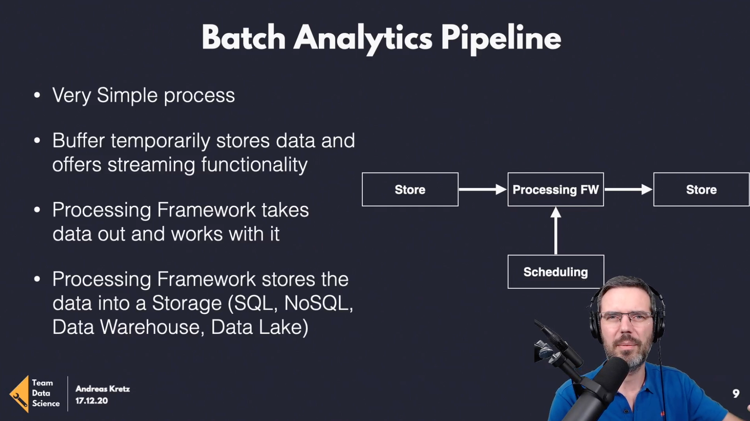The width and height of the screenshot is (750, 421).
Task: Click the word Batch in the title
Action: pyautogui.click(x=243, y=38)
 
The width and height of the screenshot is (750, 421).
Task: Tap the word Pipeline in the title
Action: pyautogui.click(x=501, y=39)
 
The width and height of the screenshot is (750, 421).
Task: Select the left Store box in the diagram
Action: pyautogui.click(x=410, y=190)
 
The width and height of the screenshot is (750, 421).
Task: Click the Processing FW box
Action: pyautogui.click(x=556, y=190)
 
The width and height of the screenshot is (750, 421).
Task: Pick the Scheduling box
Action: pyautogui.click(x=556, y=272)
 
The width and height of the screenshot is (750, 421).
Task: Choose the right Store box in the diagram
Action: pyautogui.click(x=701, y=190)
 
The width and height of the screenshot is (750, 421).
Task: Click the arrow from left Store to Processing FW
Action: pyautogui.click(x=483, y=190)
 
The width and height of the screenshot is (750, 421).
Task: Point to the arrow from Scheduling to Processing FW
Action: pyautogui.click(x=556, y=231)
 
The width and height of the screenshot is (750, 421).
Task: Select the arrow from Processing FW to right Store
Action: pyautogui.click(x=628, y=190)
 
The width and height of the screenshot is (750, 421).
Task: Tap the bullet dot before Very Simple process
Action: pyautogui.click(x=37, y=95)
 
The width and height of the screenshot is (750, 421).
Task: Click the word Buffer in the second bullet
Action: pyautogui.click(x=78, y=140)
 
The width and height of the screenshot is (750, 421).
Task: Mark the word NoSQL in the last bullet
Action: pyautogui.click(x=318, y=303)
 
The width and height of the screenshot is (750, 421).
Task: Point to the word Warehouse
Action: pyautogui.click(x=152, y=327)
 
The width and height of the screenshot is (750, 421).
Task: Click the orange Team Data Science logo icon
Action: pyautogui.click(x=20, y=394)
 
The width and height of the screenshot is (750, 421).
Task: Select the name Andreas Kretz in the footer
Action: pyautogui.click(x=103, y=389)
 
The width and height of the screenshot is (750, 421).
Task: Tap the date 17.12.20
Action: pyautogui.click(x=92, y=401)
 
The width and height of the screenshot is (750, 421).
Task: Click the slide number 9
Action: pyautogui.click(x=736, y=394)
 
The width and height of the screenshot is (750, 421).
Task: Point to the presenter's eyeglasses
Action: pyautogui.click(x=627, y=317)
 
